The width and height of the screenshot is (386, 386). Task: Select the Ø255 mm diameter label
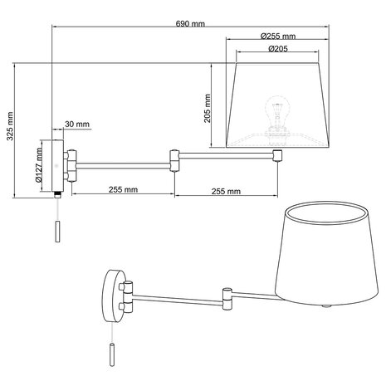278,37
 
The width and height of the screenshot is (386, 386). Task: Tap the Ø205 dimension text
278,49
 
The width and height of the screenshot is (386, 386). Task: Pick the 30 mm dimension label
77,124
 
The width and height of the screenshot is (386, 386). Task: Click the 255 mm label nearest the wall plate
123,190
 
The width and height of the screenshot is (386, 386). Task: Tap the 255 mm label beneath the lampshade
227,190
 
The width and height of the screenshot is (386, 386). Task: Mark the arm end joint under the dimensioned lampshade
279,155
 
